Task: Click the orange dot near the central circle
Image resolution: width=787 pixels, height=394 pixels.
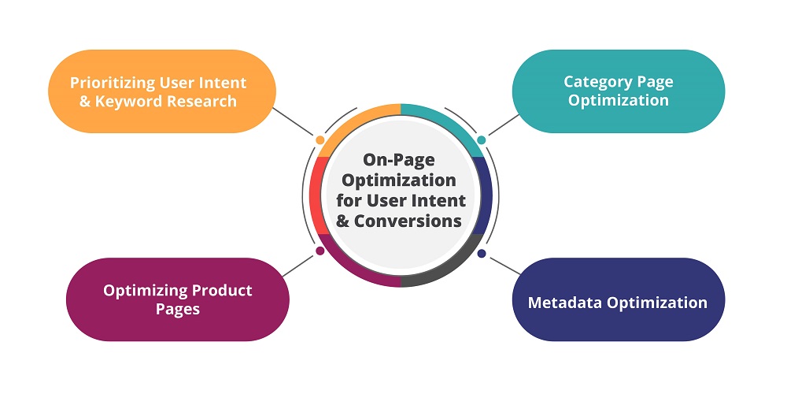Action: click(x=320, y=139)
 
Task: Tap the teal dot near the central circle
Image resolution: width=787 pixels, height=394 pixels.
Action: click(x=482, y=139)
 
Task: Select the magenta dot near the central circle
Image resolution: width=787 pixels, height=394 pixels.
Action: click(x=320, y=251)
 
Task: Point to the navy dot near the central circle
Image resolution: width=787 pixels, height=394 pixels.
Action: click(x=482, y=254)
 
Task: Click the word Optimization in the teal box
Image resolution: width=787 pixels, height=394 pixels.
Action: click(x=618, y=100)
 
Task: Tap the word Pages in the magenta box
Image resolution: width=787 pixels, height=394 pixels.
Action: click(x=177, y=309)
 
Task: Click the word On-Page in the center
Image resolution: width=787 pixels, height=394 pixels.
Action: click(x=400, y=162)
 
